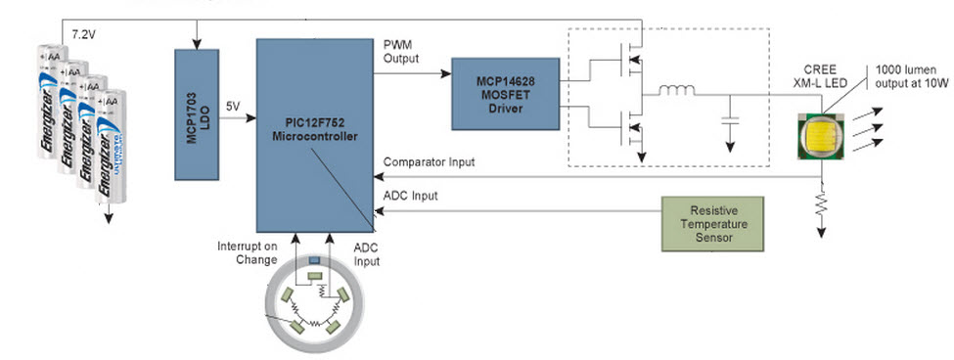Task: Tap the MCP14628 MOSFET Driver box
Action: pyautogui.click(x=498, y=94)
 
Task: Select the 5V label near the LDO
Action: pyautogui.click(x=233, y=106)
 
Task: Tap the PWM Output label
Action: pyautogui.click(x=402, y=51)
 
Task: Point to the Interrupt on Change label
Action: pyautogui.click(x=250, y=252)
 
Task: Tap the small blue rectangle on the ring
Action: pyautogui.click(x=314, y=261)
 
